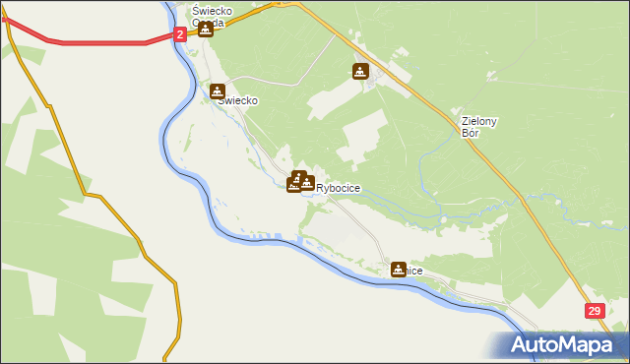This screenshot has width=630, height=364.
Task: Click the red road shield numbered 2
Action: [x=181, y=34]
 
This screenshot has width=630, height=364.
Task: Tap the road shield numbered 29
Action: [x=595, y=311]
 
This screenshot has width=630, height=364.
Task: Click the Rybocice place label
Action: [x=338, y=188]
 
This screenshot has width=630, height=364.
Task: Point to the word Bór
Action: [x=471, y=133]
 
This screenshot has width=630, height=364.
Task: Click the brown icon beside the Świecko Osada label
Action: [x=205, y=29]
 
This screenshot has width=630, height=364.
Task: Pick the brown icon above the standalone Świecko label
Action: [x=218, y=91]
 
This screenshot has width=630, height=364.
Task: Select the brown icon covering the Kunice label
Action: [x=398, y=269]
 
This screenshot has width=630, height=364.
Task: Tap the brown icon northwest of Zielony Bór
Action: [x=361, y=71]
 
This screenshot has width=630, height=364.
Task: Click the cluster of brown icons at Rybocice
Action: [x=301, y=182]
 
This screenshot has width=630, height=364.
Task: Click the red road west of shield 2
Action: [x=98, y=43]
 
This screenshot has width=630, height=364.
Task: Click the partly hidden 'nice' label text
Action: [x=414, y=271]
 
